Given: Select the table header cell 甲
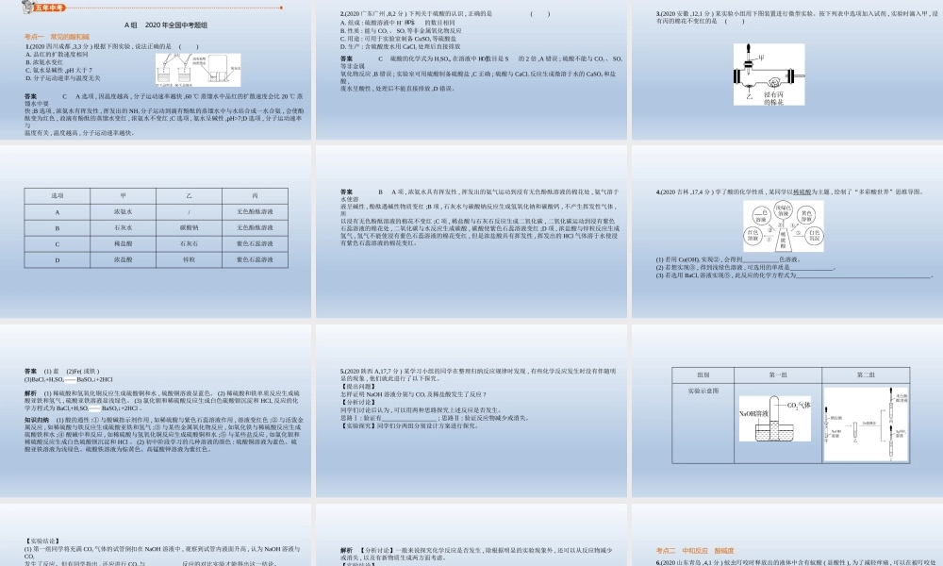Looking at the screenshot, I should [x=123, y=194].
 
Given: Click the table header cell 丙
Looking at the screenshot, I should [x=255, y=194].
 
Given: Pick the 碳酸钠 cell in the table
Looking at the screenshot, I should [x=189, y=227].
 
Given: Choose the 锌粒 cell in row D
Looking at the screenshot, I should [x=189, y=258].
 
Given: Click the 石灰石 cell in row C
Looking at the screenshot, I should [x=189, y=243].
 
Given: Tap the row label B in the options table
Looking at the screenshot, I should [x=58, y=227].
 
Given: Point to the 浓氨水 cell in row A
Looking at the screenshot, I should [x=123, y=212].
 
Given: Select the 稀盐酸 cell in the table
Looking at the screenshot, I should [x=123, y=243].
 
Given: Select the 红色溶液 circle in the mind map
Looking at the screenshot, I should [x=754, y=235].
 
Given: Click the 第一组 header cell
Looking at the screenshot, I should [x=778, y=375].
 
